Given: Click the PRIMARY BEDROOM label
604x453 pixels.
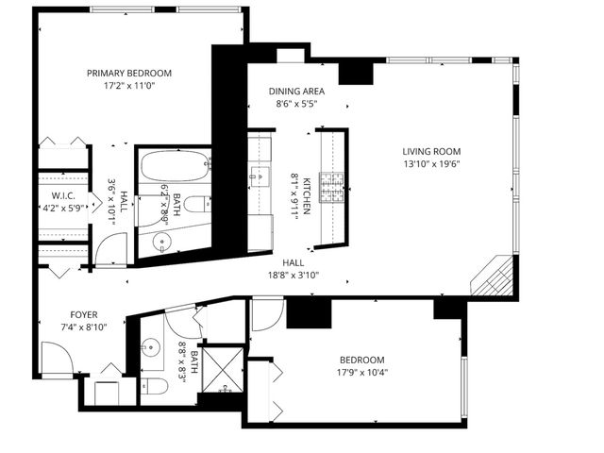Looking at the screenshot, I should point(128,73).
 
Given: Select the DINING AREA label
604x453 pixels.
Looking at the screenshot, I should point(296,92).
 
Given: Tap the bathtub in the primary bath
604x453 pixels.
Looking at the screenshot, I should point(175,168).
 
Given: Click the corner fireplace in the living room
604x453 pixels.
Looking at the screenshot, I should point(495,279).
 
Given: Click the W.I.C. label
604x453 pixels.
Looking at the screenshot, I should point(50,196).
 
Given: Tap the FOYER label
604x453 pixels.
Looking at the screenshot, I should point(84,314).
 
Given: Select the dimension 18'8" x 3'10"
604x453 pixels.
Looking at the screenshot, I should point(293,277).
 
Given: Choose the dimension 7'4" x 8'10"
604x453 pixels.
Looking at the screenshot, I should point(84,327).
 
